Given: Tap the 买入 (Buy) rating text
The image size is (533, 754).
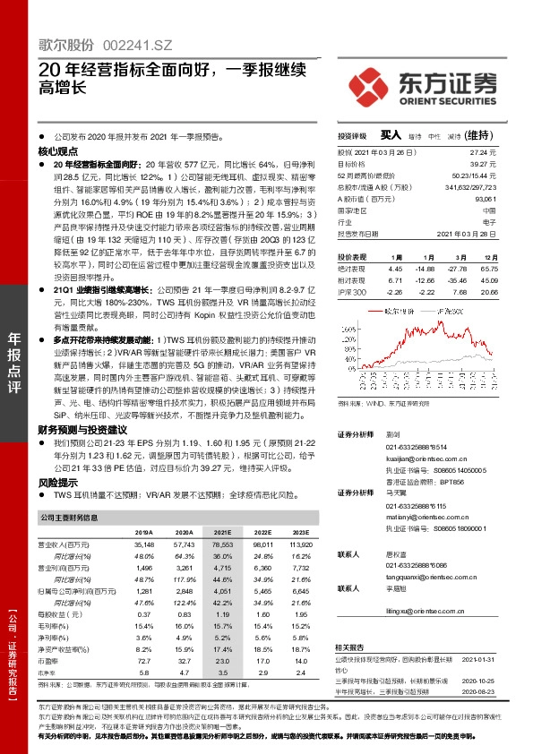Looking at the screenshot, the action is (x=390, y=135).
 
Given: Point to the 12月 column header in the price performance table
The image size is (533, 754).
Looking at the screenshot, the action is (x=489, y=257).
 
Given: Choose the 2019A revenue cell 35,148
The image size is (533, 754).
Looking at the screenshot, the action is (x=143, y=544).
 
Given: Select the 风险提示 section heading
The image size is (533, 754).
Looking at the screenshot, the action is (x=56, y=482).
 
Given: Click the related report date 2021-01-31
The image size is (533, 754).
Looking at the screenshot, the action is (x=478, y=660).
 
